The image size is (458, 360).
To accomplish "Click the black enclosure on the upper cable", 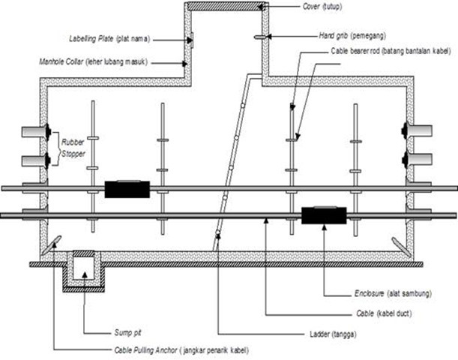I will click(x=127, y=189).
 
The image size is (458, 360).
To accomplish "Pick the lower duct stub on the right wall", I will click(x=423, y=159).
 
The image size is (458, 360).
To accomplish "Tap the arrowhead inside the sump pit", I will click(x=84, y=274).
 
